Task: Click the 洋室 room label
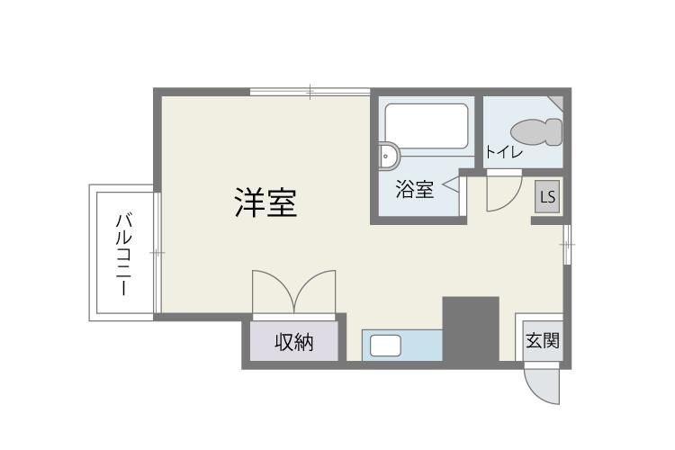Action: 265,202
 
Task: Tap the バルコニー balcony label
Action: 124,255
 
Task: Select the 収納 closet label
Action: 294,342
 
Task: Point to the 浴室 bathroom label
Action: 414,189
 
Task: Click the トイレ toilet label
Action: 504,151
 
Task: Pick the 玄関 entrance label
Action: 543,340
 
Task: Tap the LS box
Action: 547,197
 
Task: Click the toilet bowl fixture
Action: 536,131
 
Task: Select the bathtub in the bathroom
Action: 427,127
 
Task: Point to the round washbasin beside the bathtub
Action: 389,156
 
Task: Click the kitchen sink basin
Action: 385,346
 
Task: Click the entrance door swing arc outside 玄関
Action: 534,391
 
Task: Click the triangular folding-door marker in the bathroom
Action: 451,184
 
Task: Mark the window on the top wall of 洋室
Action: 310,92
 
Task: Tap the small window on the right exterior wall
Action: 567,244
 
